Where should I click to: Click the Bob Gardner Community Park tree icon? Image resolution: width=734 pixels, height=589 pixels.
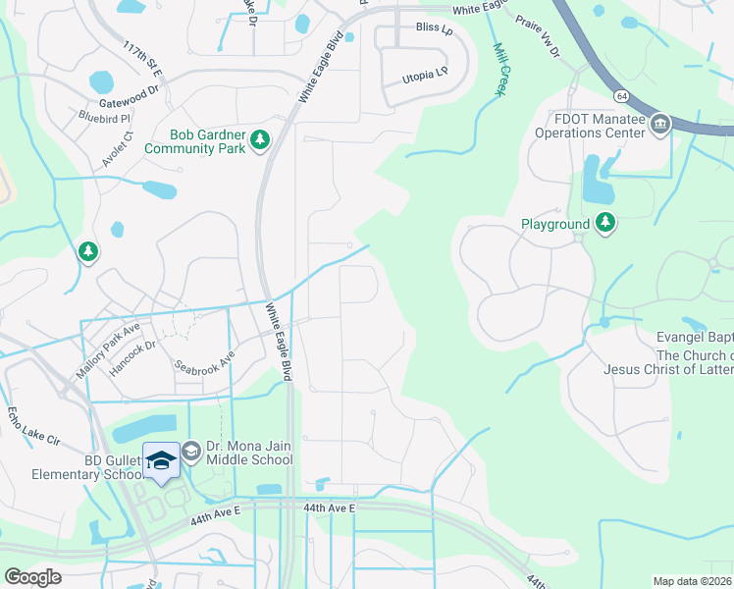pyautogui.click(x=260, y=141)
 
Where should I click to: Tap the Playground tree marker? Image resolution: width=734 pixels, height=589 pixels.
pyautogui.click(x=606, y=224)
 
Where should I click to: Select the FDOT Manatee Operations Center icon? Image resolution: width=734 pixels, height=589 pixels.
pyautogui.click(x=659, y=124)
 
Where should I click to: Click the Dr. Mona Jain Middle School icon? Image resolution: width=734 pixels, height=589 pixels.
pyautogui.click(x=190, y=452)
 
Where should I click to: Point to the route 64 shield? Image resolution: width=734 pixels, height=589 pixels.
pyautogui.click(x=621, y=96)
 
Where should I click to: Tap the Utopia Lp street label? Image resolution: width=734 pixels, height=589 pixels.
pyautogui.click(x=425, y=74)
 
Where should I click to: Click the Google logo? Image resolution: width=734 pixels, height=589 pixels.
pyautogui.click(x=32, y=577)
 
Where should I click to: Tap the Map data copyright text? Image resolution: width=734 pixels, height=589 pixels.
pyautogui.click(x=693, y=581)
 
